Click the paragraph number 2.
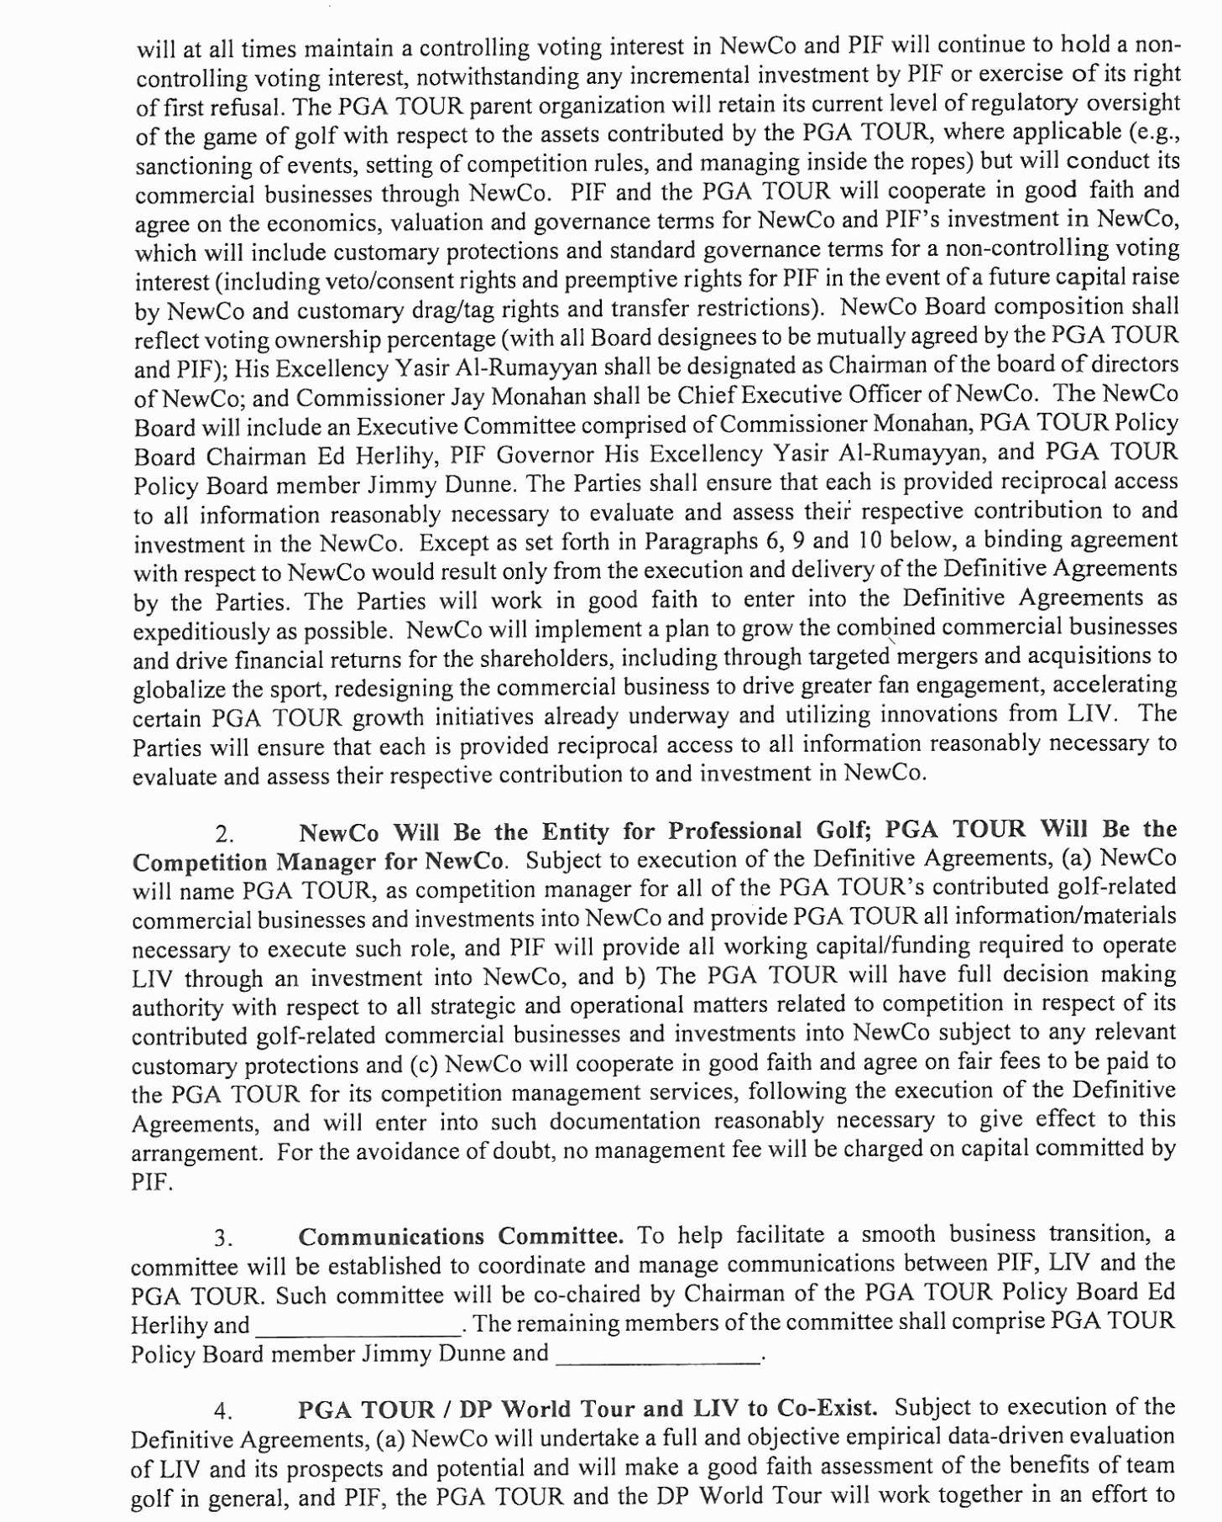pos(223,835)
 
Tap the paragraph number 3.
pos(223,1239)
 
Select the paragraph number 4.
pos(222,1412)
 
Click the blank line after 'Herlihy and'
pos(358,1326)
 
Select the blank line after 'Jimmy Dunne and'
pos(657,1354)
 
